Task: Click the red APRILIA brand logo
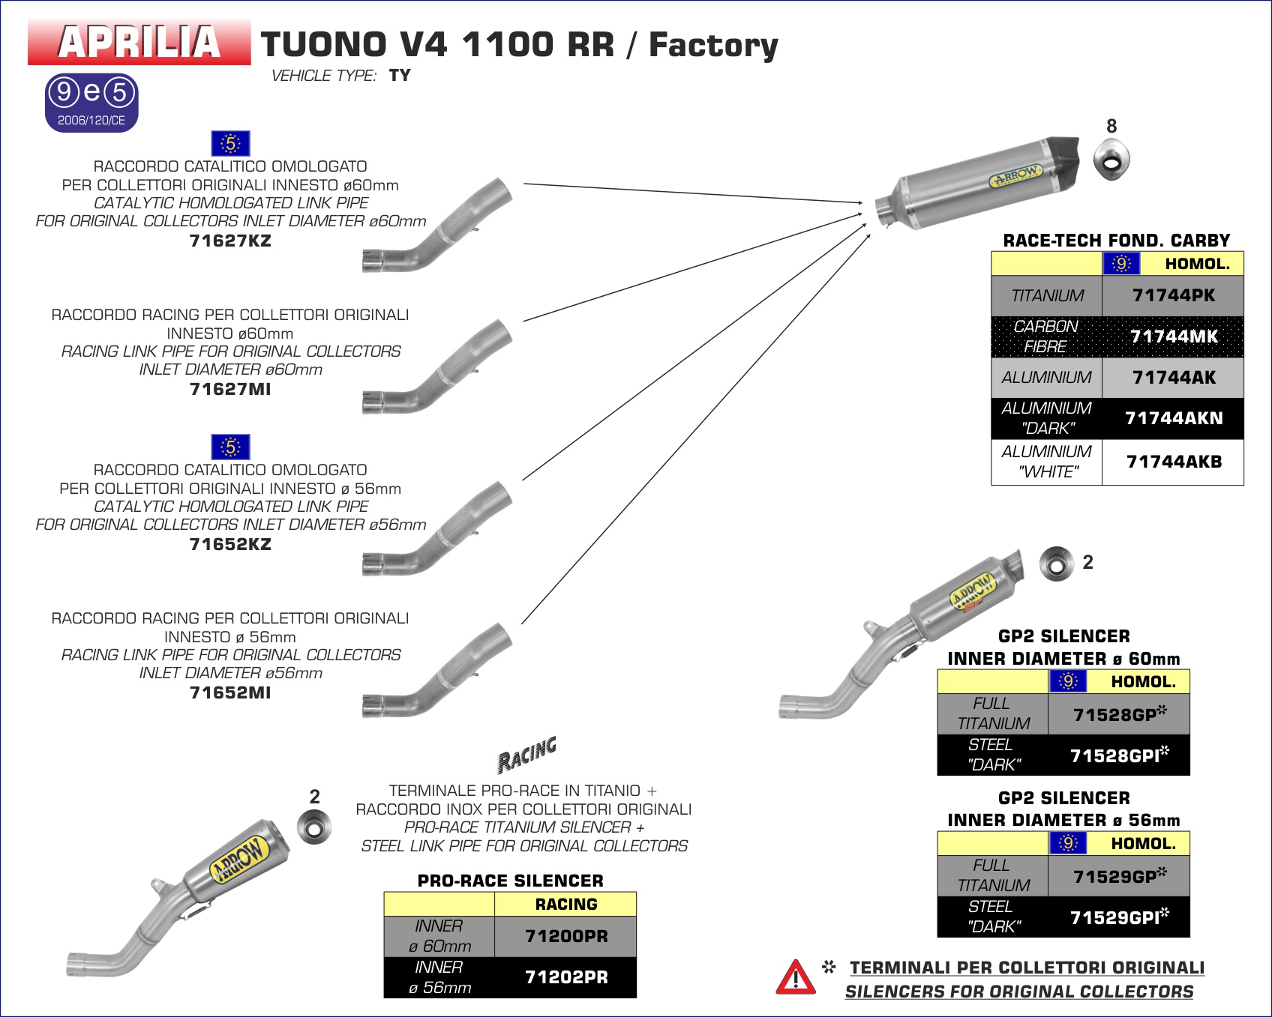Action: (139, 42)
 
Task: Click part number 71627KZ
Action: (230, 241)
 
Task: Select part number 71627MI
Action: (230, 390)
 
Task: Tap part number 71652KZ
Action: (230, 545)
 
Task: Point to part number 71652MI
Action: (230, 693)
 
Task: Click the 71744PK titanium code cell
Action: (1173, 296)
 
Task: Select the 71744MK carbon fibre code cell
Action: (1173, 337)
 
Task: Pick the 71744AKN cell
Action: (1173, 418)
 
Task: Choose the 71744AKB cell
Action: (1173, 462)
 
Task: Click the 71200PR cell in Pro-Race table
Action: (565, 937)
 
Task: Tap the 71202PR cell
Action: (565, 977)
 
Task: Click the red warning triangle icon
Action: (795, 978)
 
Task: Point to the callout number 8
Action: (1111, 127)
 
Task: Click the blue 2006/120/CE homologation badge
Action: (91, 103)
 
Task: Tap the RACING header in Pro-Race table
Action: (565, 905)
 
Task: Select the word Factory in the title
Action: (713, 45)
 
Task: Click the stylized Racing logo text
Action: (527, 754)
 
